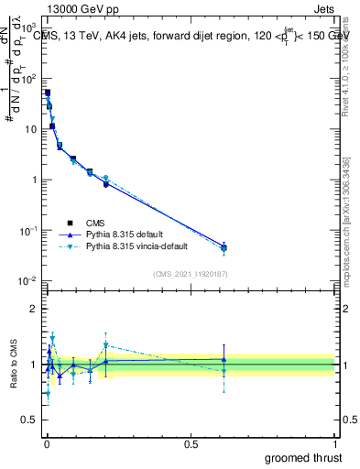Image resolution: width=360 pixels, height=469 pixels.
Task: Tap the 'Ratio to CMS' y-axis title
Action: (14, 364)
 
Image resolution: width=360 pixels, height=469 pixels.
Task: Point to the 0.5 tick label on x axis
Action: (191, 443)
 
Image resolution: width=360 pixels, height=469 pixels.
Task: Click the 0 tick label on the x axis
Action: (46, 443)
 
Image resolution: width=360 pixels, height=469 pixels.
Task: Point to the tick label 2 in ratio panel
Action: (34, 309)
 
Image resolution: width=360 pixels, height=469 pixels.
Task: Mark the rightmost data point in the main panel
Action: (224, 247)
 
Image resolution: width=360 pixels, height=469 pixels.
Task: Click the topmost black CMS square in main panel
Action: (48, 93)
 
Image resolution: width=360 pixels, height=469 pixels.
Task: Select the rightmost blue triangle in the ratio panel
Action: (224, 359)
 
